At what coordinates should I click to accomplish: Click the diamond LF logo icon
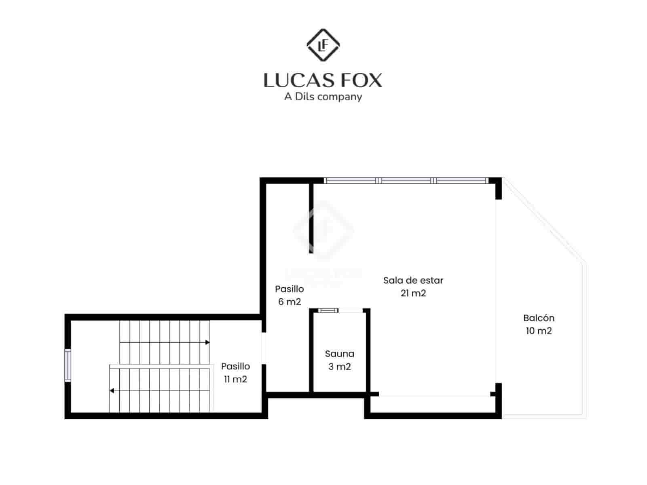(323, 45)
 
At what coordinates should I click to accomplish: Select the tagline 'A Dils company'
(323, 97)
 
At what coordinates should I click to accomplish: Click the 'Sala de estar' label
(413, 280)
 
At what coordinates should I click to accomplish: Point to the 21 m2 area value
(413, 293)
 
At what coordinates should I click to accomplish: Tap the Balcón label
(539, 318)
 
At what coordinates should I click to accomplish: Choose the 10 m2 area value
(539, 331)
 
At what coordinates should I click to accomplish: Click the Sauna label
(339, 354)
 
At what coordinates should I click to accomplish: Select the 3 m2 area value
(339, 367)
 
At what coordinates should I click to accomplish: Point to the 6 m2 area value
(290, 302)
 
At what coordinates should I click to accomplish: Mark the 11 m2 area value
(235, 380)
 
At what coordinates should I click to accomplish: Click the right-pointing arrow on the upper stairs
(207, 342)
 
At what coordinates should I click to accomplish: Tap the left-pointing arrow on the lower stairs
(112, 391)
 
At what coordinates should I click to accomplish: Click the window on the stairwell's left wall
(68, 366)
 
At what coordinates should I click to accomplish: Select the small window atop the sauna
(328, 310)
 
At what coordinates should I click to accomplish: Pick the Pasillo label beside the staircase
(235, 367)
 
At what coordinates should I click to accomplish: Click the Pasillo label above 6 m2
(290, 289)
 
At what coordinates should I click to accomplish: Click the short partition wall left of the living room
(311, 218)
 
